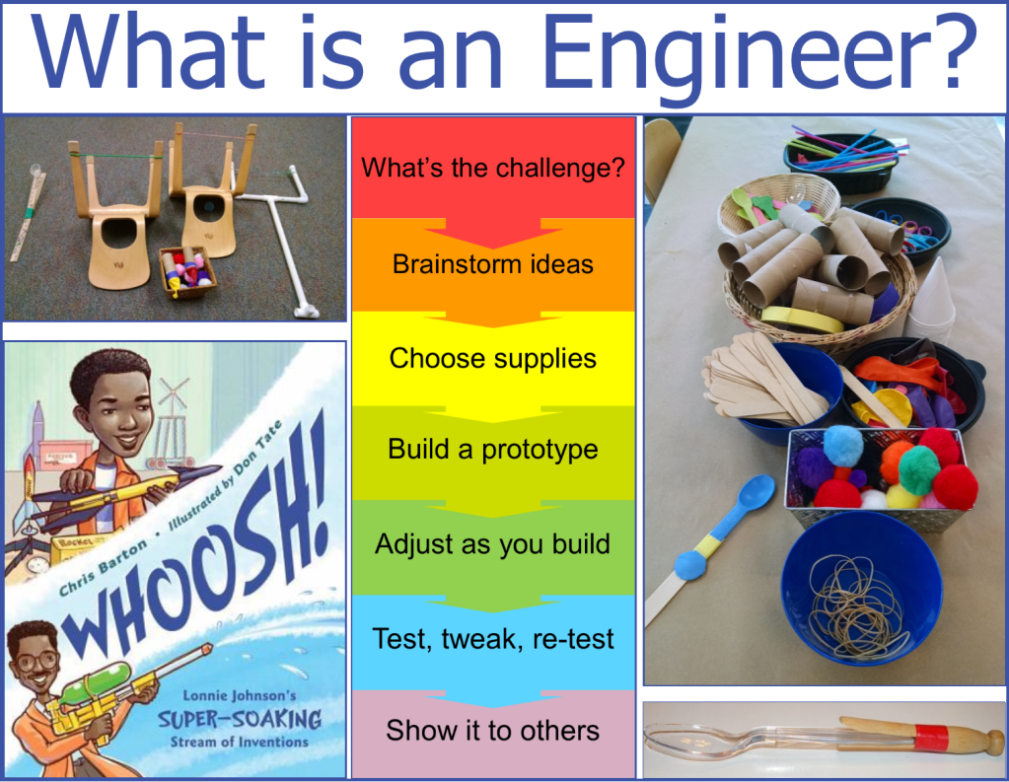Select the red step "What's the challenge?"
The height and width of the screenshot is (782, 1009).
click(493, 167)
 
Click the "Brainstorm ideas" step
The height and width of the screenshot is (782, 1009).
click(493, 264)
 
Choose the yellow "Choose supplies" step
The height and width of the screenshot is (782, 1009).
click(493, 358)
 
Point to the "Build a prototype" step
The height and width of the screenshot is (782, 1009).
click(493, 450)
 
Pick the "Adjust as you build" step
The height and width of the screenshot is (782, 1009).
click(493, 544)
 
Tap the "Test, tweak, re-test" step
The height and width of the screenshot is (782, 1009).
click(493, 639)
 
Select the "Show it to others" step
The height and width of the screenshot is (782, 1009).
click(493, 731)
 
